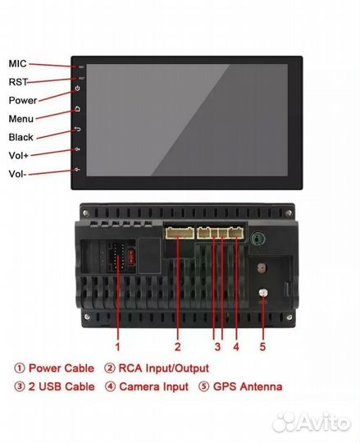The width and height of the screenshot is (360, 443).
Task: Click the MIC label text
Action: tap(17, 64)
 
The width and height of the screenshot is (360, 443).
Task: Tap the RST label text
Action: tap(18, 82)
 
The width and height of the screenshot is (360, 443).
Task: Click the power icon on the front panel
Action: tap(78, 89)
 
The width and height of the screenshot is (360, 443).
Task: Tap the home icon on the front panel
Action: tap(78, 109)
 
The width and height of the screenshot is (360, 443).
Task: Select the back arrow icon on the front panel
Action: tap(78, 129)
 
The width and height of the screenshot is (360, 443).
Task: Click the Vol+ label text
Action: tap(19, 155)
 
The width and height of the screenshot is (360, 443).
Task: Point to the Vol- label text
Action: tap(17, 174)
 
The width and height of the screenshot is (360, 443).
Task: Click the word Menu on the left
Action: tap(21, 119)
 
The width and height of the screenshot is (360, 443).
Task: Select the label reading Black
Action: tap(21, 137)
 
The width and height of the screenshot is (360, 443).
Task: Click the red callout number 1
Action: tap(118, 347)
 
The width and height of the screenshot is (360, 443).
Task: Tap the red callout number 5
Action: tap(262, 347)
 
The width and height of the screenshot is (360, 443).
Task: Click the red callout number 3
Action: tap(217, 347)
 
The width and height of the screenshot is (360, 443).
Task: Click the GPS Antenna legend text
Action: tap(248, 386)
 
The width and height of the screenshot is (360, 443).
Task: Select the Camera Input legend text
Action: tap(154, 386)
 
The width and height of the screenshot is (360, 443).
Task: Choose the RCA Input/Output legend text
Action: tap(164, 368)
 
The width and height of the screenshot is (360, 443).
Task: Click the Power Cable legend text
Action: tap(62, 368)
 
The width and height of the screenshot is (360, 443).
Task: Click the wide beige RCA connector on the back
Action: tap(180, 233)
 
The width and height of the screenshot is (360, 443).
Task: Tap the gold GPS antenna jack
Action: tap(263, 293)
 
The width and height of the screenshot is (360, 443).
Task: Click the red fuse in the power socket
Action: tap(131, 257)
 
